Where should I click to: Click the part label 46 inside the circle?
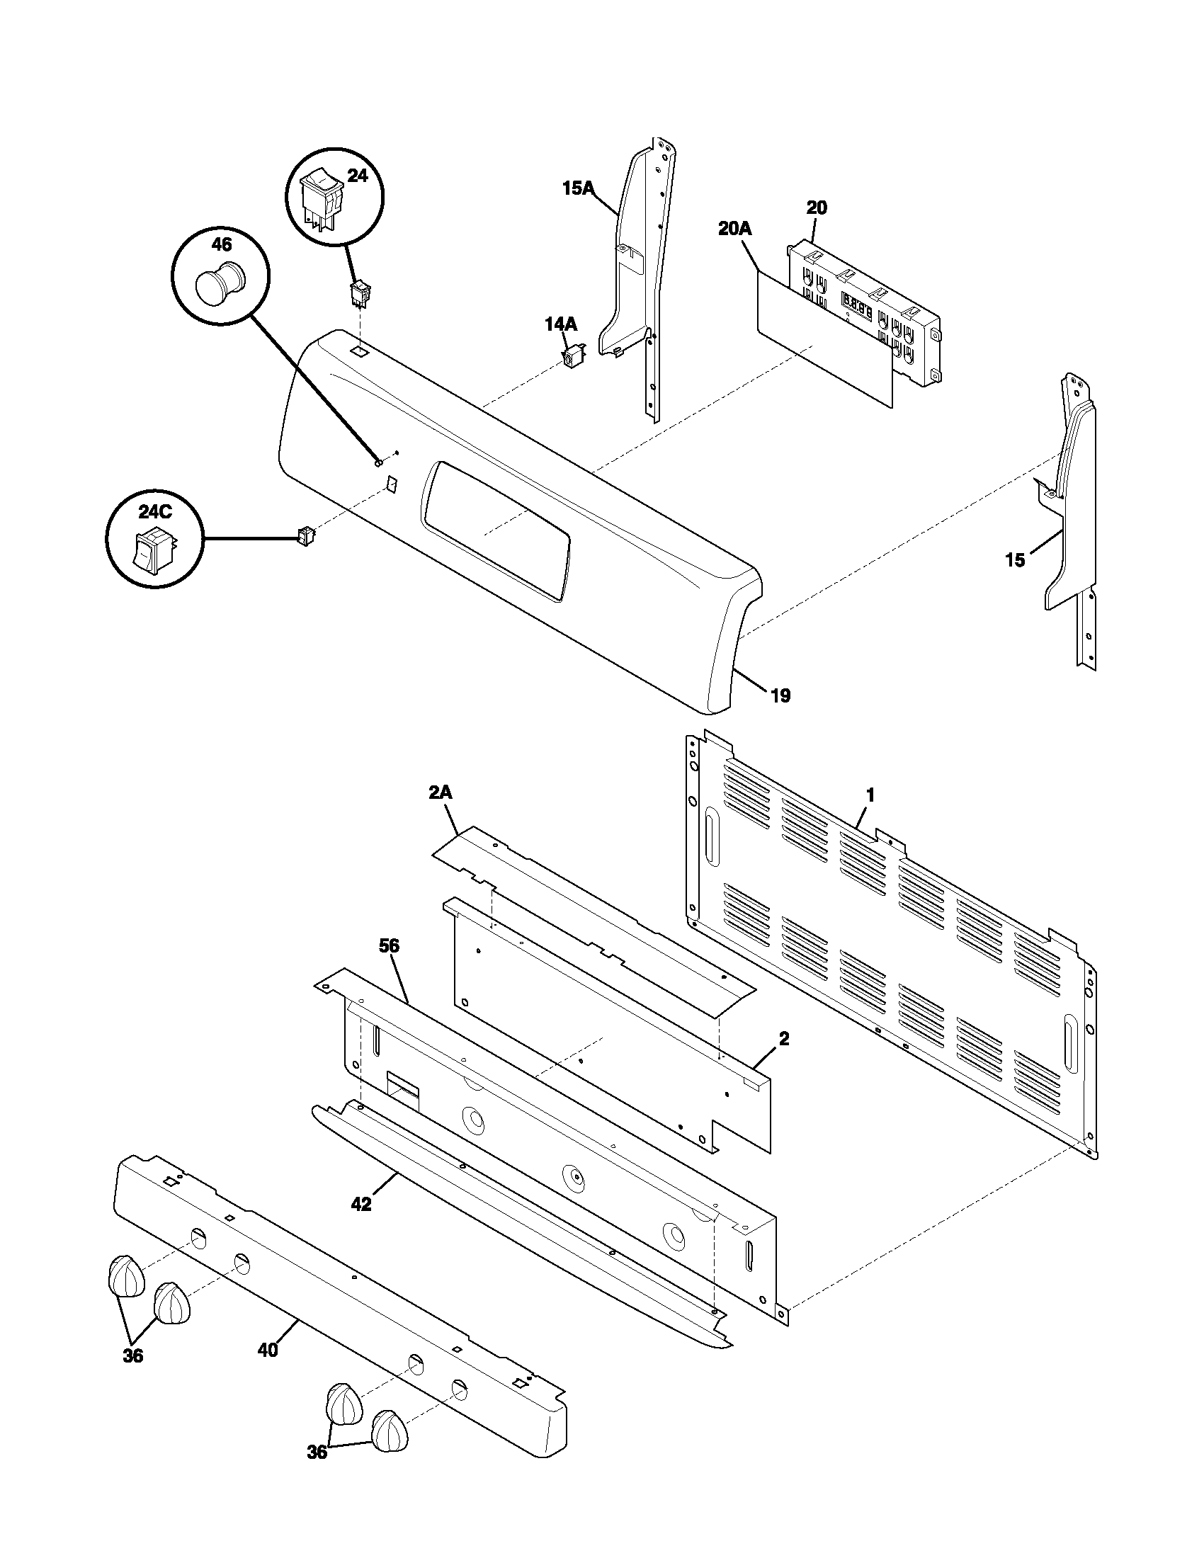(x=221, y=245)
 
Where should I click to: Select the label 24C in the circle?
(x=155, y=511)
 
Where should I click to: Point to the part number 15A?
(x=578, y=188)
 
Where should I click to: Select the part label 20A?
(x=734, y=229)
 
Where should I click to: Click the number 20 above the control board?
(x=817, y=208)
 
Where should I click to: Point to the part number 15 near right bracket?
(x=1014, y=560)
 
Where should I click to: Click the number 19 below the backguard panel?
(x=781, y=695)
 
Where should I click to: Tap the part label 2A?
(x=440, y=792)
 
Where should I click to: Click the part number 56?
(x=390, y=946)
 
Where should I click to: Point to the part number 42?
(x=362, y=1204)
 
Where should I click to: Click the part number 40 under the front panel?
(x=268, y=1350)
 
